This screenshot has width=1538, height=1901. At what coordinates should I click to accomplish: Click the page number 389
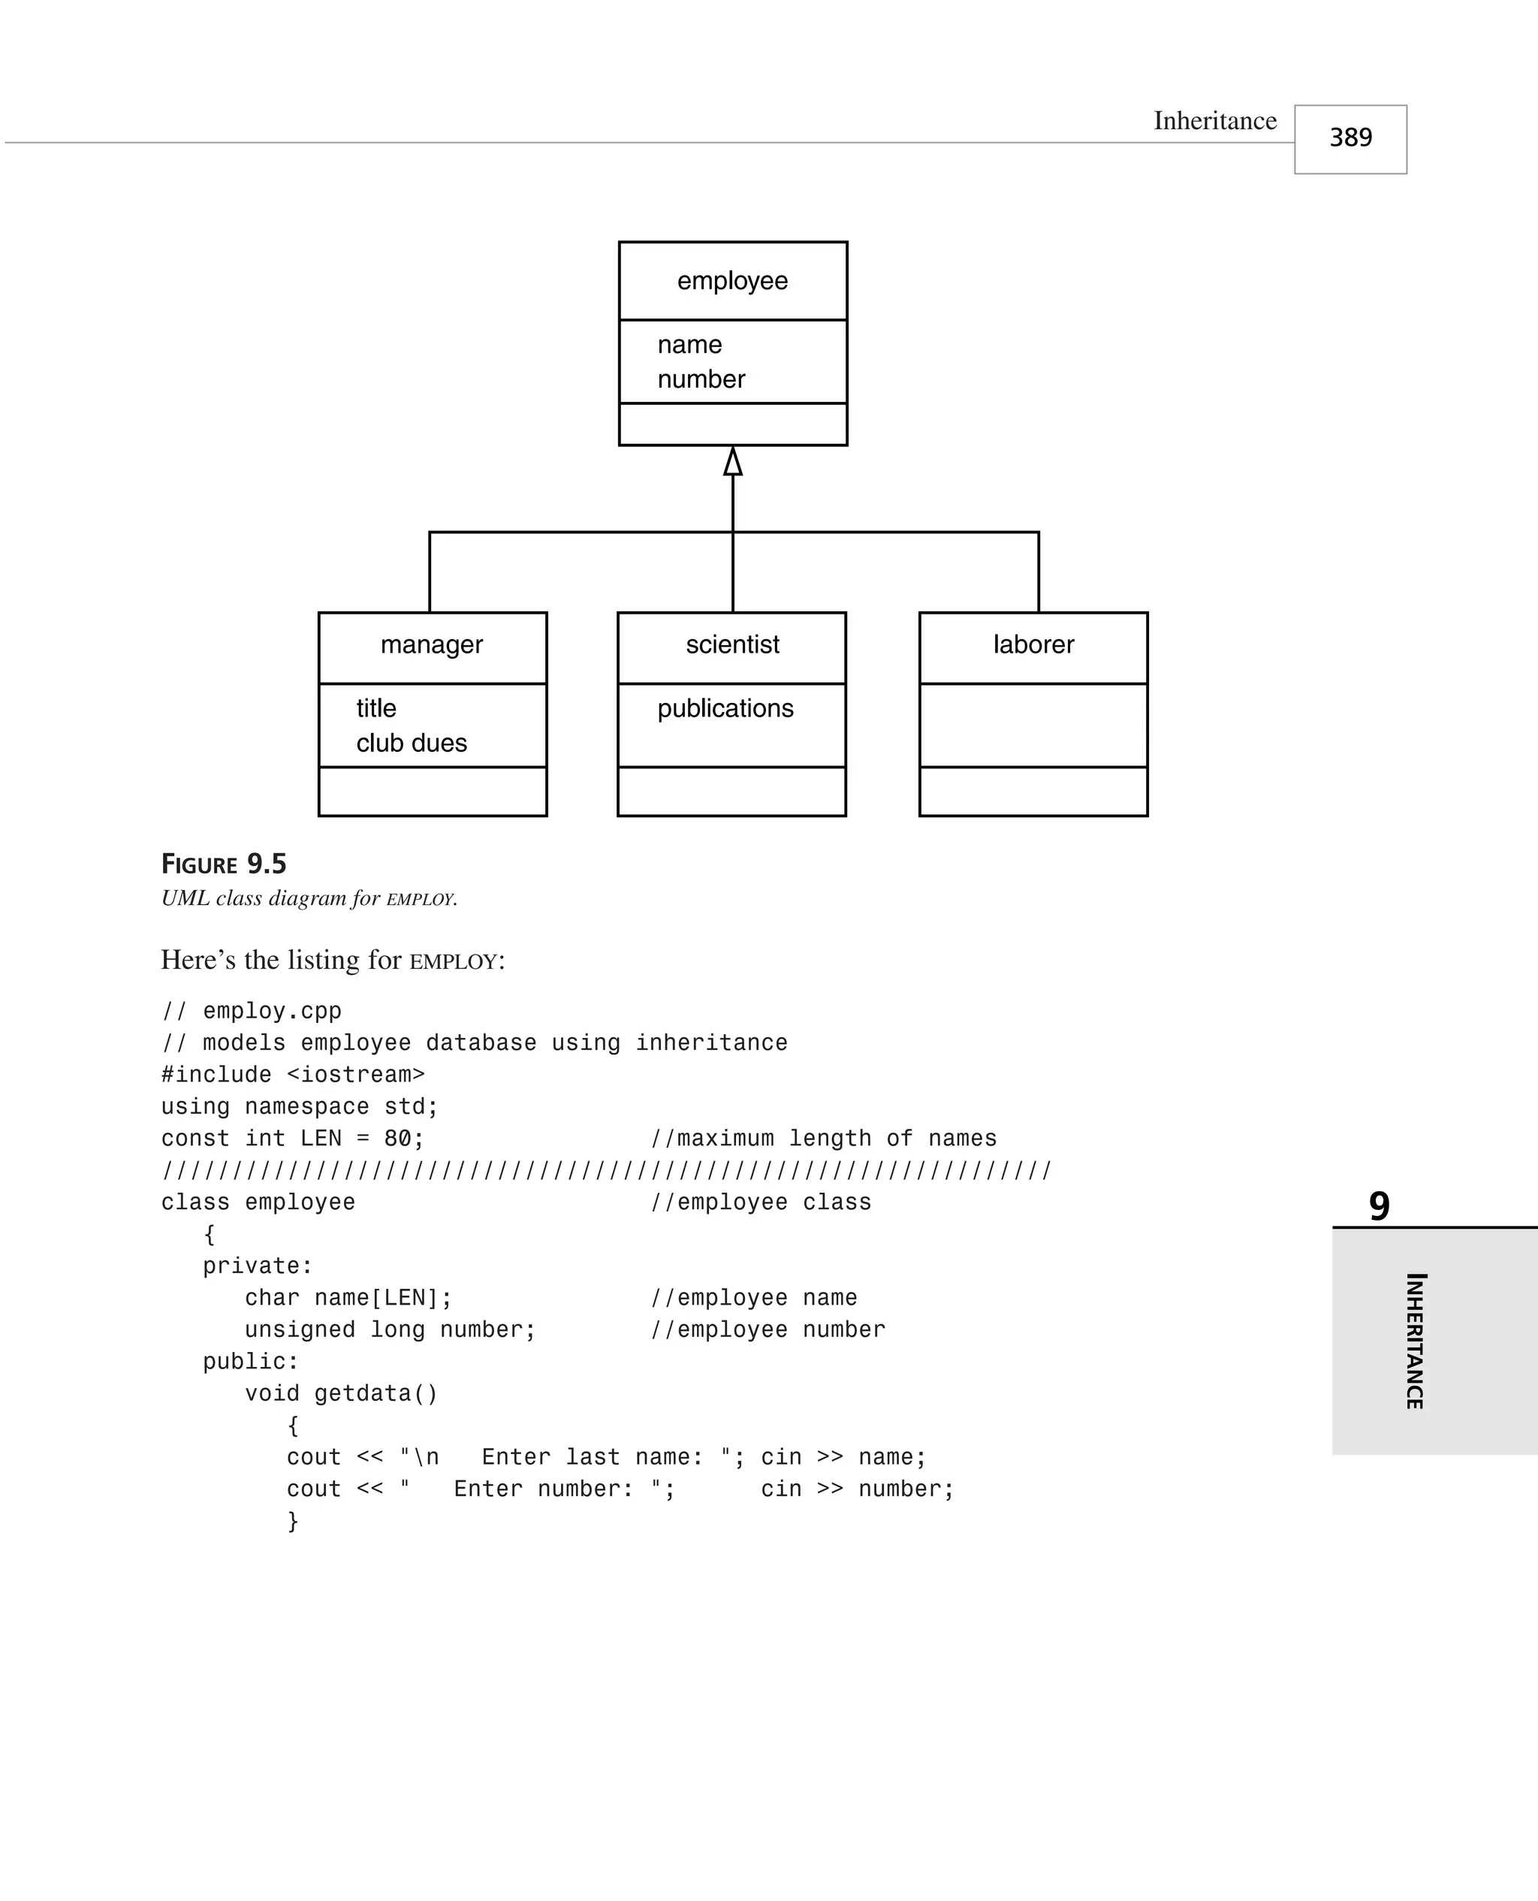point(1350,138)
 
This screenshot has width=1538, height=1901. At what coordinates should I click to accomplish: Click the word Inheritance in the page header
point(1214,122)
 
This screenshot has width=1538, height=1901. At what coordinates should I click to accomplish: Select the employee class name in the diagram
point(731,281)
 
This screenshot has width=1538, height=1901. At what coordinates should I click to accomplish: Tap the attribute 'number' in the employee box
point(701,379)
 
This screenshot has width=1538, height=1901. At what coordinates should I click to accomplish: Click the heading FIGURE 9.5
point(223,864)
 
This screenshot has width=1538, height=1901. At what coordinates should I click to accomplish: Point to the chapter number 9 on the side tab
point(1379,1205)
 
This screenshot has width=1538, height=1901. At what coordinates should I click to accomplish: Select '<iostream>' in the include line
point(355,1075)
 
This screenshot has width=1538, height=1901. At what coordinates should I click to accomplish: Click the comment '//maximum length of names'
point(823,1139)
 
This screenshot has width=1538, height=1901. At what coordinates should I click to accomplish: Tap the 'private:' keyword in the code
point(258,1266)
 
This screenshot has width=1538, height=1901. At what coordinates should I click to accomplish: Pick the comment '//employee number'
point(767,1329)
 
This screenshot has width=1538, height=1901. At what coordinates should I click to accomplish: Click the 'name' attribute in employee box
point(689,345)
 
